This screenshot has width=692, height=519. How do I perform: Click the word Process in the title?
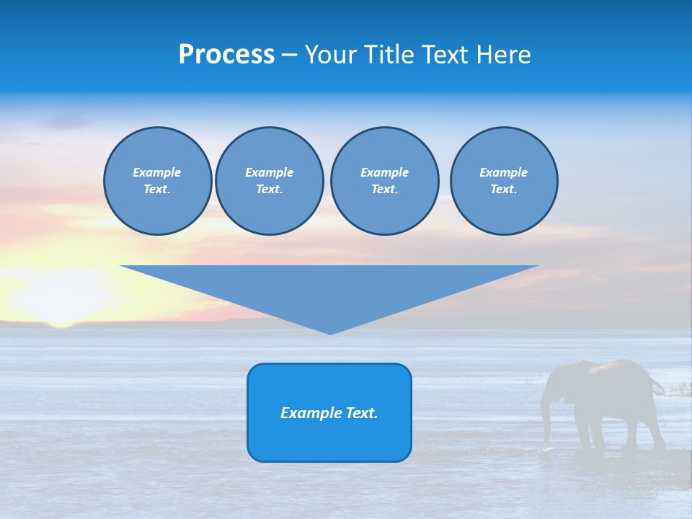[x=226, y=55]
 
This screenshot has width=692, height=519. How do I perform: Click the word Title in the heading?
[x=390, y=55]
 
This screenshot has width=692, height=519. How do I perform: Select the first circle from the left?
[x=158, y=181]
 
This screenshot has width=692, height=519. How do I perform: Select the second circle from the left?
[x=270, y=181]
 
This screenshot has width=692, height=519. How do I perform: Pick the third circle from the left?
[x=385, y=181]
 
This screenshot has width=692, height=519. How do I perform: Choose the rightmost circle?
[x=504, y=181]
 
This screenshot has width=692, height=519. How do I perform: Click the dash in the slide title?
[x=290, y=55]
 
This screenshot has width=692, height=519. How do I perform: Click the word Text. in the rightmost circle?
[x=504, y=190]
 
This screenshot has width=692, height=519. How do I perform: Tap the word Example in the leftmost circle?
[x=157, y=172]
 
